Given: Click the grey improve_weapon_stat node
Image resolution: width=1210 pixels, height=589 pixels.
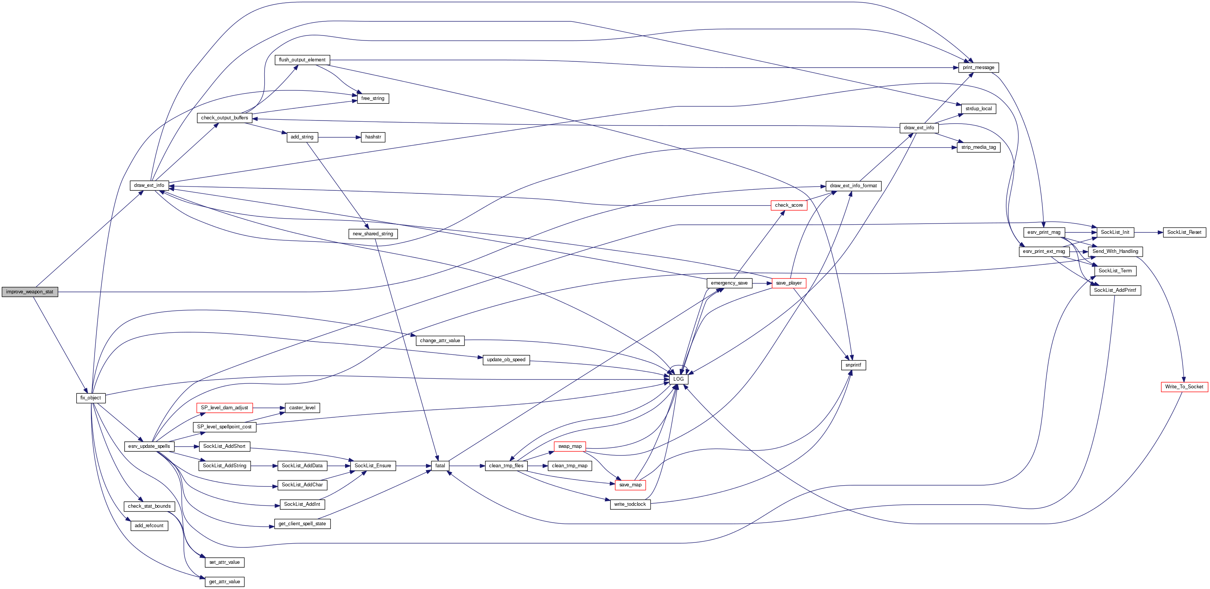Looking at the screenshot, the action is [x=30, y=292].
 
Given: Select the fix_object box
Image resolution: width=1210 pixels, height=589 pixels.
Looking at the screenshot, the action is [x=91, y=397].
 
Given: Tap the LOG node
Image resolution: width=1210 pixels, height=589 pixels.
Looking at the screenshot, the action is [x=678, y=379].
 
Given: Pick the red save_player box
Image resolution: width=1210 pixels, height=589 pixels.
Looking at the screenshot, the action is [x=789, y=283].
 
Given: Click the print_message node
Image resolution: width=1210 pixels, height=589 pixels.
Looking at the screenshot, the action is [x=979, y=68].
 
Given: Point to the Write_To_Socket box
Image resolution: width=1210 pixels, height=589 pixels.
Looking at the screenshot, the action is [x=1184, y=387].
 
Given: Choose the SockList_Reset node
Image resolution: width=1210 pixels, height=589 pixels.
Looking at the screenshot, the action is [x=1184, y=232].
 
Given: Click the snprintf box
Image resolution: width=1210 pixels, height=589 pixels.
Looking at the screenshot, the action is [x=853, y=365].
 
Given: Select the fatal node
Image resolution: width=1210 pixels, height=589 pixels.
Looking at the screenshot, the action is [x=440, y=466].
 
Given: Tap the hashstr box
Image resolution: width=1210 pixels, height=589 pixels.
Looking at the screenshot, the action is [x=373, y=137].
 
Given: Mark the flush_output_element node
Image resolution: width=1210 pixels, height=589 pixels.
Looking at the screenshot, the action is [x=302, y=60].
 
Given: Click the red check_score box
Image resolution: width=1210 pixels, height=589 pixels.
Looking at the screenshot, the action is [x=789, y=205].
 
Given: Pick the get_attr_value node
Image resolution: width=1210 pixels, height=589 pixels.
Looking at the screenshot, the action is [x=225, y=581].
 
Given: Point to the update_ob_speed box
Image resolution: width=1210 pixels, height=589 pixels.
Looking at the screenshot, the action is [x=506, y=360].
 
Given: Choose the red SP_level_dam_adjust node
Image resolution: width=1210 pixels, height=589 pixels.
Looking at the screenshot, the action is [x=225, y=407].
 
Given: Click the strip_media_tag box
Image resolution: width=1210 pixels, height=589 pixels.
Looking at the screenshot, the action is [x=979, y=147].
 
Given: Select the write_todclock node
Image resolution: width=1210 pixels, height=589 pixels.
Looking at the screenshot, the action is [x=630, y=504].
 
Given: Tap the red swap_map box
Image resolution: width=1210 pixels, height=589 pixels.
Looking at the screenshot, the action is [x=570, y=446].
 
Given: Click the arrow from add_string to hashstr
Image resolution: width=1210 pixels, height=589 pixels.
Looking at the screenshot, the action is [x=339, y=137].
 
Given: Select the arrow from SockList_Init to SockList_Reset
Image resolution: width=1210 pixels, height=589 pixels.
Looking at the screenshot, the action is [x=1149, y=232].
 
